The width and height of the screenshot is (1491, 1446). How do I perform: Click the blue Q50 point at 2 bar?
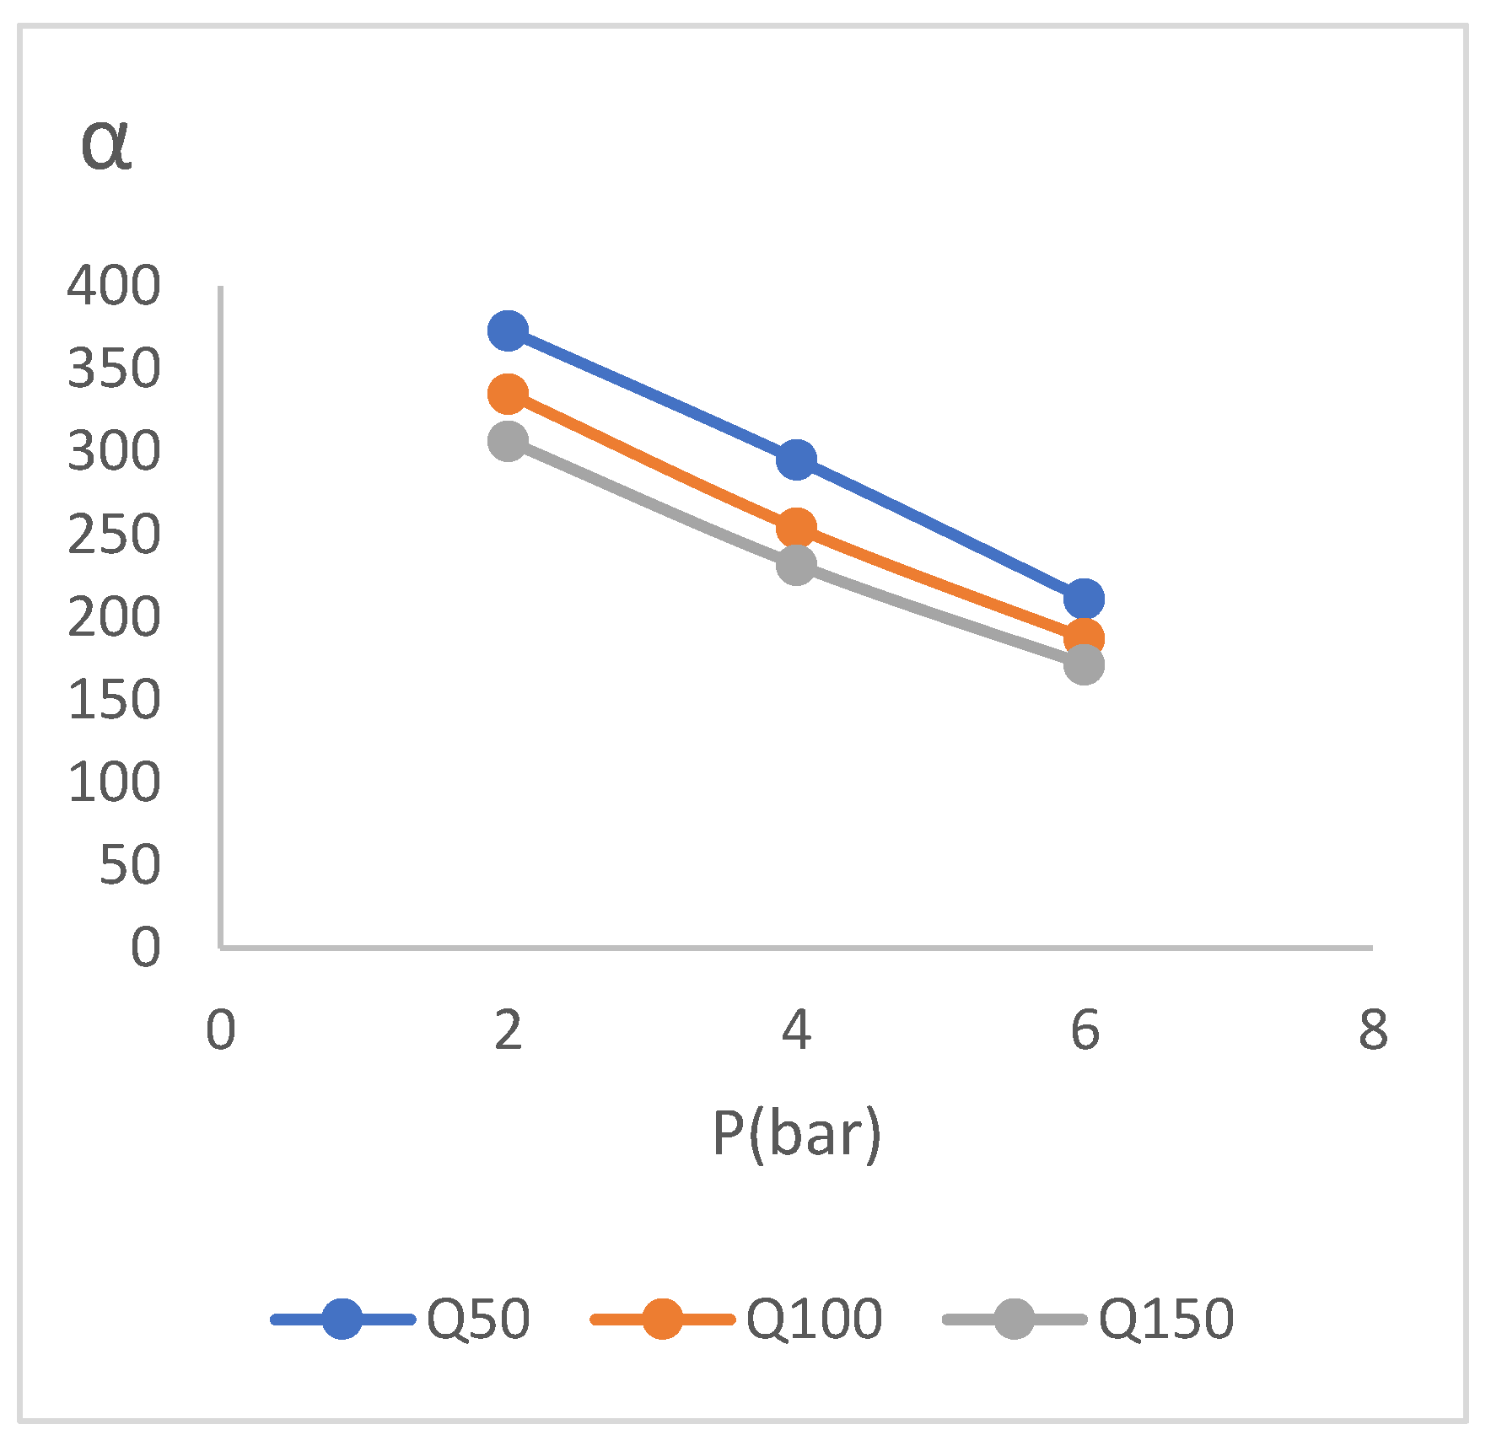point(508,331)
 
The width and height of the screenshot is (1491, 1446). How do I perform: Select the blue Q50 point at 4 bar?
point(796,460)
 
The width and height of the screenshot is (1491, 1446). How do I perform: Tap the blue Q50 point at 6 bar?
point(1084,599)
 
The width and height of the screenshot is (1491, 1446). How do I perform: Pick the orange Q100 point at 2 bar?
point(508,394)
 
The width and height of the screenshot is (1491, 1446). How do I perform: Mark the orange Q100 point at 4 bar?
point(796,528)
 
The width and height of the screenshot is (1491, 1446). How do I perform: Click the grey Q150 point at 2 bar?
point(508,441)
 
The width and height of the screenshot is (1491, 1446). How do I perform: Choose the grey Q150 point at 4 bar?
point(796,564)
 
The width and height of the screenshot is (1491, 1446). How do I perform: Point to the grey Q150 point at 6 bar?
point(1084,664)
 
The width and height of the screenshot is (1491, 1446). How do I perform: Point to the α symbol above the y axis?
point(106,145)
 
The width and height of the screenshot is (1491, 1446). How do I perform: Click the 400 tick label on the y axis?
point(114,286)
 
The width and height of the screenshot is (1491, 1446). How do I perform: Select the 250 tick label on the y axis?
point(114,534)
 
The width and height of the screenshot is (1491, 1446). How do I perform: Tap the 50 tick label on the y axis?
point(129,864)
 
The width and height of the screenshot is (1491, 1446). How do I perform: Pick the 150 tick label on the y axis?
point(114,699)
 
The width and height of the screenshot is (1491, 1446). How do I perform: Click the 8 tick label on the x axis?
point(1373,1030)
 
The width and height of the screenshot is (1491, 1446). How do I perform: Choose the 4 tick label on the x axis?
point(796,1030)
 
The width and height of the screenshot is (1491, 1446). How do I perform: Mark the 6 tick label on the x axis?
point(1085,1030)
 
